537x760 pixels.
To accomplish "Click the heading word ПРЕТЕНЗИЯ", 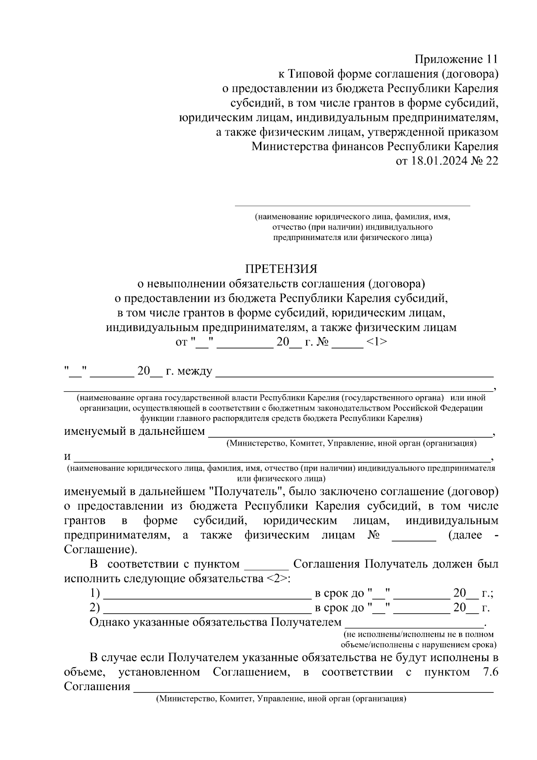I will [x=281, y=269].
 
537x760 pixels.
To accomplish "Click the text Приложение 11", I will [x=456, y=59].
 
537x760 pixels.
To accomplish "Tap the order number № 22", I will [x=485, y=161].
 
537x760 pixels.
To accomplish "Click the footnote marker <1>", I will [x=376, y=342].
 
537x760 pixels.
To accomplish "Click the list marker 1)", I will [x=94, y=593].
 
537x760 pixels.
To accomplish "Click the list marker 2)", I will [x=94, y=608].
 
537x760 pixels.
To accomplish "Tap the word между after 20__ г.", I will [x=195, y=371].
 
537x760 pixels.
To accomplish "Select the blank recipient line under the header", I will [x=353, y=205].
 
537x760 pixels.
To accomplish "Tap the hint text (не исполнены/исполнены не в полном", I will [x=418, y=634].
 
